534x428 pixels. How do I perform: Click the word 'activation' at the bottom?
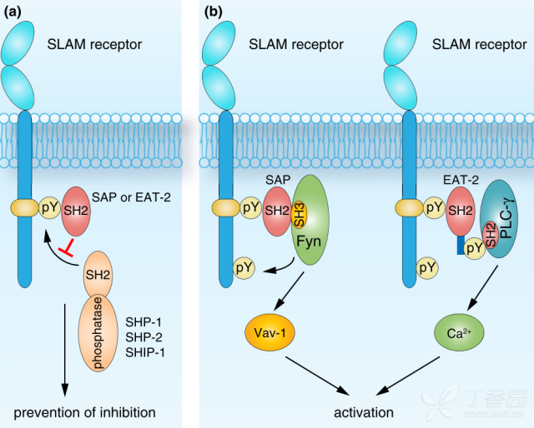tap(364, 412)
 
